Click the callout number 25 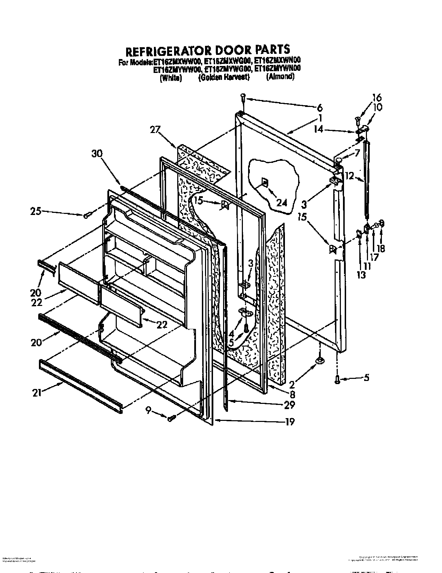point(36,210)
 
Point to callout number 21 point(37,393)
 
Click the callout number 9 point(148,410)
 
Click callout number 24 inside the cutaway point(282,202)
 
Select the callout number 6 point(320,107)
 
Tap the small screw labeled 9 point(171,419)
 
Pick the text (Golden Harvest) point(224,77)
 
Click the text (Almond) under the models point(280,77)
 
